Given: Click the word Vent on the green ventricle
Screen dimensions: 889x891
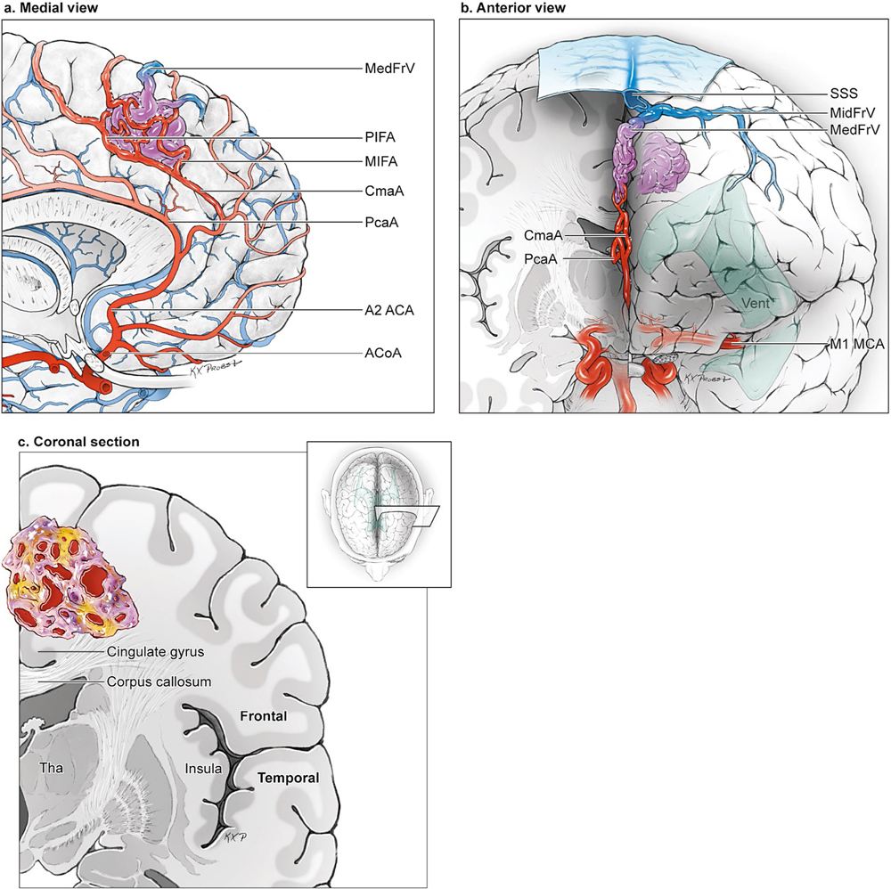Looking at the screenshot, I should click(757, 303).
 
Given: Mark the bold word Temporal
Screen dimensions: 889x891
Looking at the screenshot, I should click(288, 778).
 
